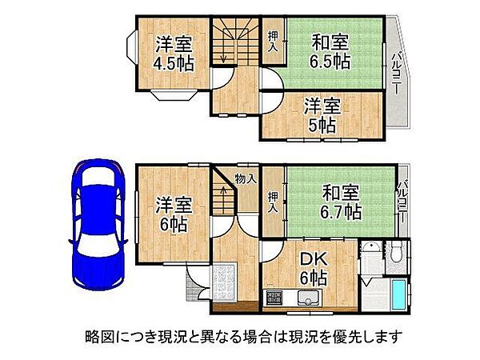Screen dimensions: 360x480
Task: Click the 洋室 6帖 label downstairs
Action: [x=172, y=214]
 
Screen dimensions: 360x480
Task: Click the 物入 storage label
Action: [x=245, y=179]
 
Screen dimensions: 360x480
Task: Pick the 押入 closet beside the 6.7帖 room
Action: [x=273, y=202]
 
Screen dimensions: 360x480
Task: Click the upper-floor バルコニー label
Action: [x=396, y=73]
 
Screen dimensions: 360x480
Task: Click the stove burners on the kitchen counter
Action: [x=274, y=301]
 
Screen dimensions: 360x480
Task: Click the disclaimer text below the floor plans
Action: [x=240, y=336]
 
